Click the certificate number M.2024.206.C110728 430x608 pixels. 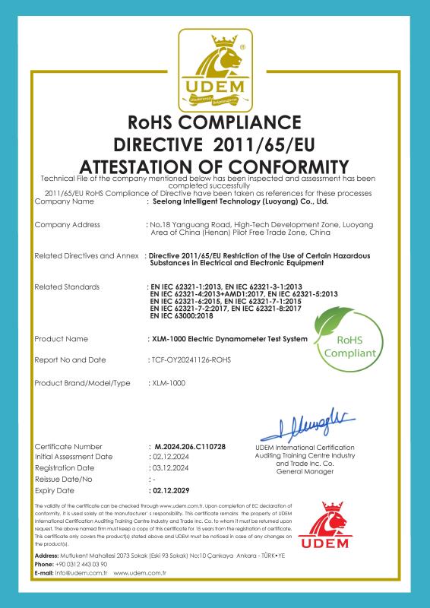[190, 445]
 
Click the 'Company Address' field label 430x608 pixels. [68, 226]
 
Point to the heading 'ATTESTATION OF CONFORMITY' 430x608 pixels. [215, 166]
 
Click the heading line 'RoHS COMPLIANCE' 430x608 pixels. [215, 122]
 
